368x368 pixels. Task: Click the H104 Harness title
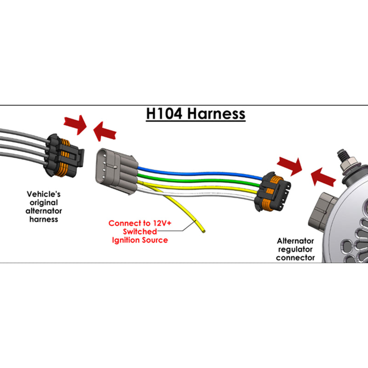195,114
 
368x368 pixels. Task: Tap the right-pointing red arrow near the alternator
289,164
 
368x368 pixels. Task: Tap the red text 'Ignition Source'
140,240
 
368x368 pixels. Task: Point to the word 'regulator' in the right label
295,249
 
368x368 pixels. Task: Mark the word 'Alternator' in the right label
295,241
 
